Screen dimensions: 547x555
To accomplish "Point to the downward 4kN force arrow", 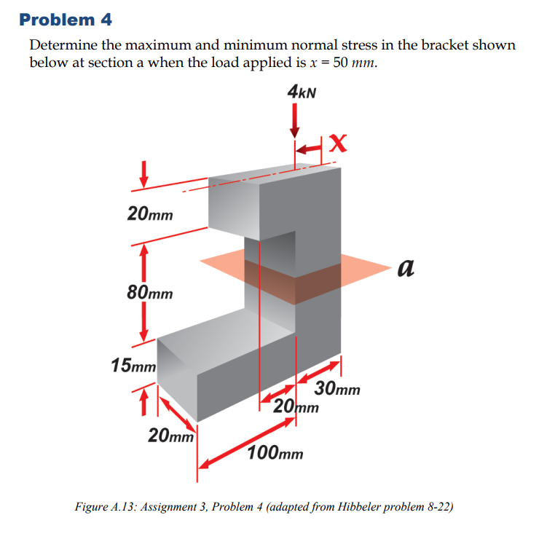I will (x=294, y=121).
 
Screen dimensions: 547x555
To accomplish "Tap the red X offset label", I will (x=336, y=143).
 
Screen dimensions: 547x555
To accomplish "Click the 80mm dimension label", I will (x=150, y=293).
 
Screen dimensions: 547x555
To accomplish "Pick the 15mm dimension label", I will (x=133, y=364).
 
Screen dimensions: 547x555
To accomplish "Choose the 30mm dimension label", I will (x=337, y=389).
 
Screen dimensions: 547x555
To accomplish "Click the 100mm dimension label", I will (x=275, y=454).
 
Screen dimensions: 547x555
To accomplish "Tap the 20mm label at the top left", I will (x=150, y=214).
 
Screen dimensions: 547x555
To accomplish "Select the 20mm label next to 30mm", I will (x=296, y=406).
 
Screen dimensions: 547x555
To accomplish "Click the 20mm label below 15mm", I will (x=170, y=436).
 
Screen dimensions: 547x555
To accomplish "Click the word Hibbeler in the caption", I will (x=364, y=506).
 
